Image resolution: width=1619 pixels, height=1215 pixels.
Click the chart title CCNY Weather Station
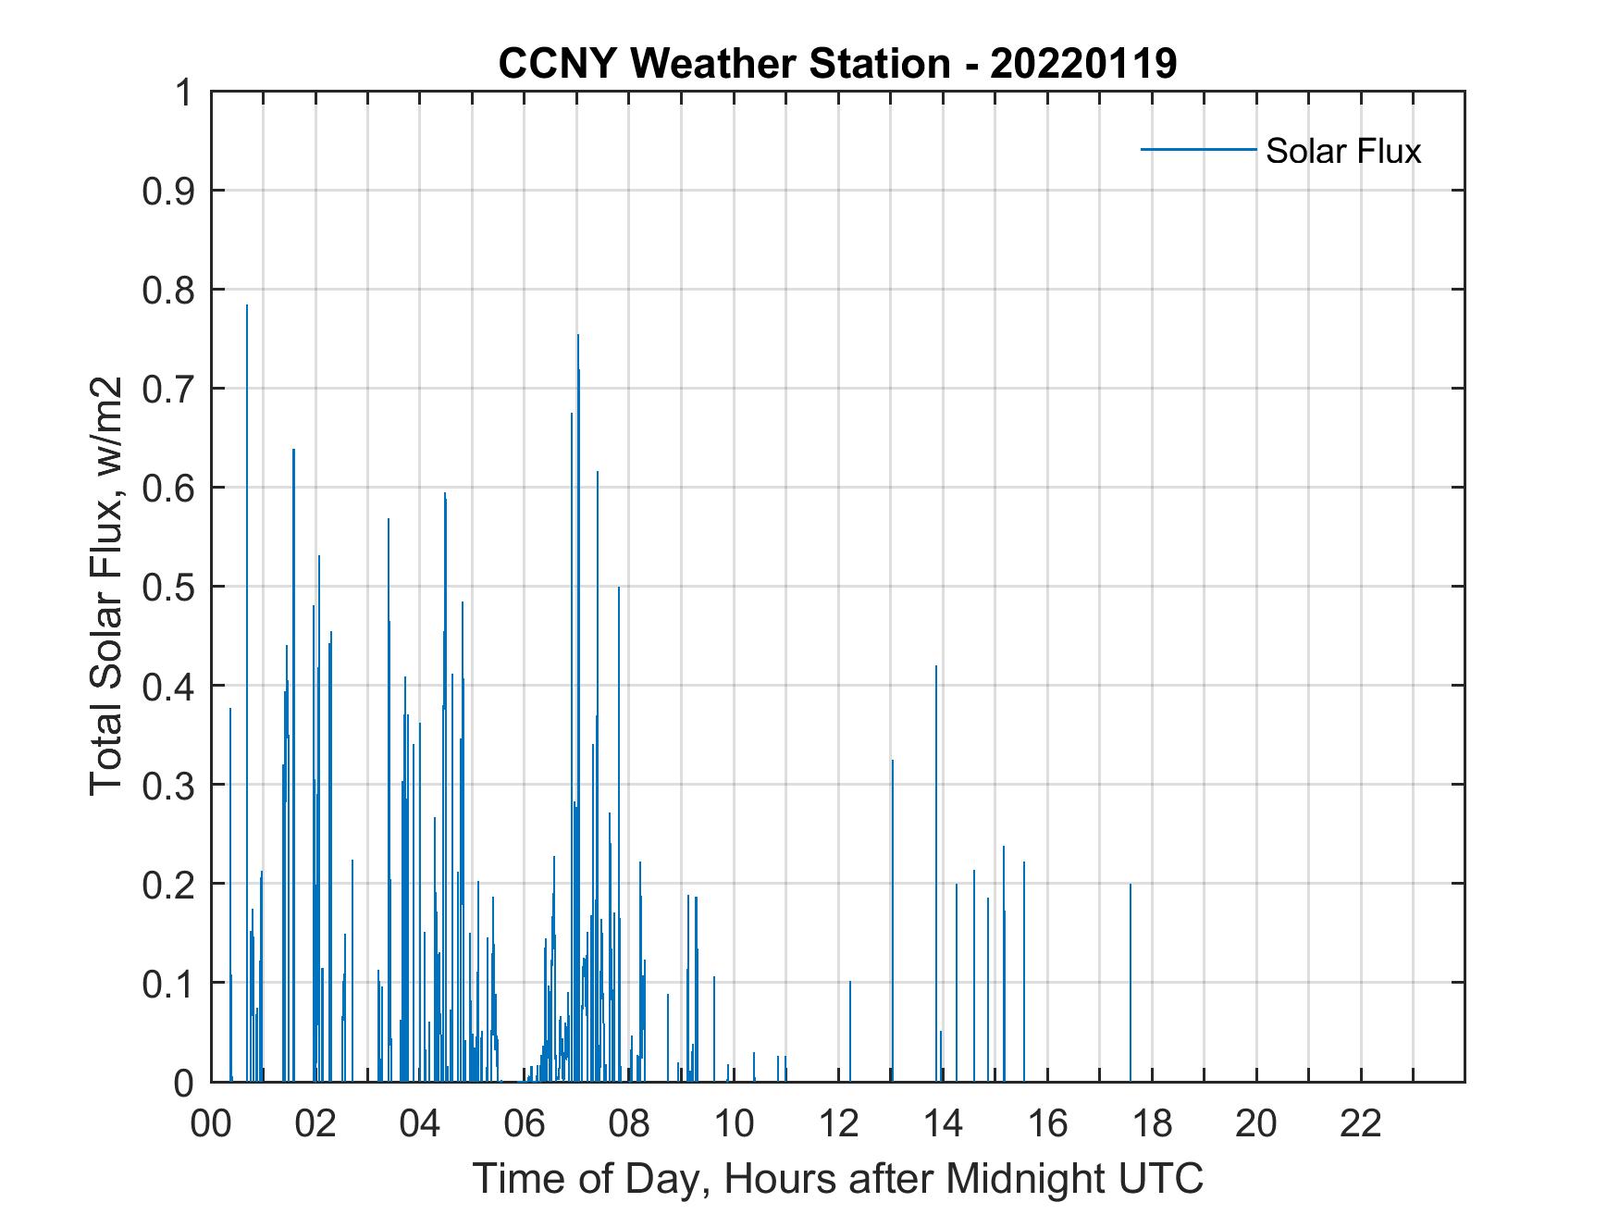[x=837, y=64]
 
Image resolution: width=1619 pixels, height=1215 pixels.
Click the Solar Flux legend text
[x=1342, y=151]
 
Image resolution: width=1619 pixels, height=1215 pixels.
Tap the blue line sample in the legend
[x=1197, y=149]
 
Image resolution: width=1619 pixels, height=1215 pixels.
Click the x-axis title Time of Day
[x=837, y=1178]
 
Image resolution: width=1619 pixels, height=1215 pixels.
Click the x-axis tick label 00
[x=211, y=1123]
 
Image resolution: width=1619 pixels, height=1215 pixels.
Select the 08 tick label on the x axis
[x=629, y=1123]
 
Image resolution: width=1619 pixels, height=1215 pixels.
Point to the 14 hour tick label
[x=943, y=1123]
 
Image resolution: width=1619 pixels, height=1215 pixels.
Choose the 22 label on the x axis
[x=1361, y=1123]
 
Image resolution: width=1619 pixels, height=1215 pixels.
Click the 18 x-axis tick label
[x=1152, y=1123]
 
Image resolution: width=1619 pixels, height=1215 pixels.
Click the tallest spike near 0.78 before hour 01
[x=247, y=306]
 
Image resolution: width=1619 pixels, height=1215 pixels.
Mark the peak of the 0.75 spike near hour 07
[x=578, y=336]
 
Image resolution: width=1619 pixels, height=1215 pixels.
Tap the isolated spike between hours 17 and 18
[x=1130, y=886]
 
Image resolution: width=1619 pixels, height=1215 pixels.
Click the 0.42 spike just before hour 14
[x=936, y=667]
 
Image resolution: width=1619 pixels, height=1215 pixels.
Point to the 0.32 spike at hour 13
[x=893, y=762]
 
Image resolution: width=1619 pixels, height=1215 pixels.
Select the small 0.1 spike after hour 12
[x=850, y=982]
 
